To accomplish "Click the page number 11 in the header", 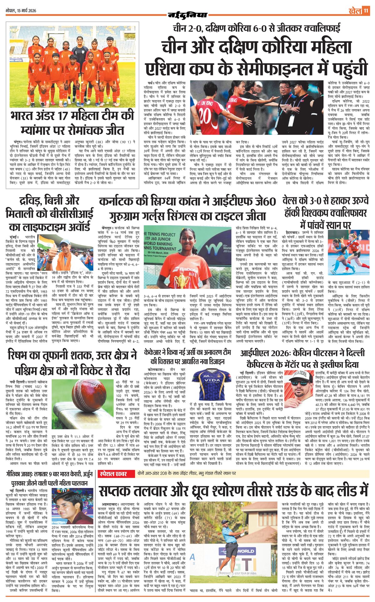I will tap(366, 11).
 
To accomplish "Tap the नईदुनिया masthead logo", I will tap(187, 14).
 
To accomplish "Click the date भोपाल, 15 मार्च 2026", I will tap(21, 11).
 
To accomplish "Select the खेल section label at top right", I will tap(355, 11).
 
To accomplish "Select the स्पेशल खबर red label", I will tap(113, 474).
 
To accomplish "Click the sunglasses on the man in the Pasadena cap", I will tap(299, 383).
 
